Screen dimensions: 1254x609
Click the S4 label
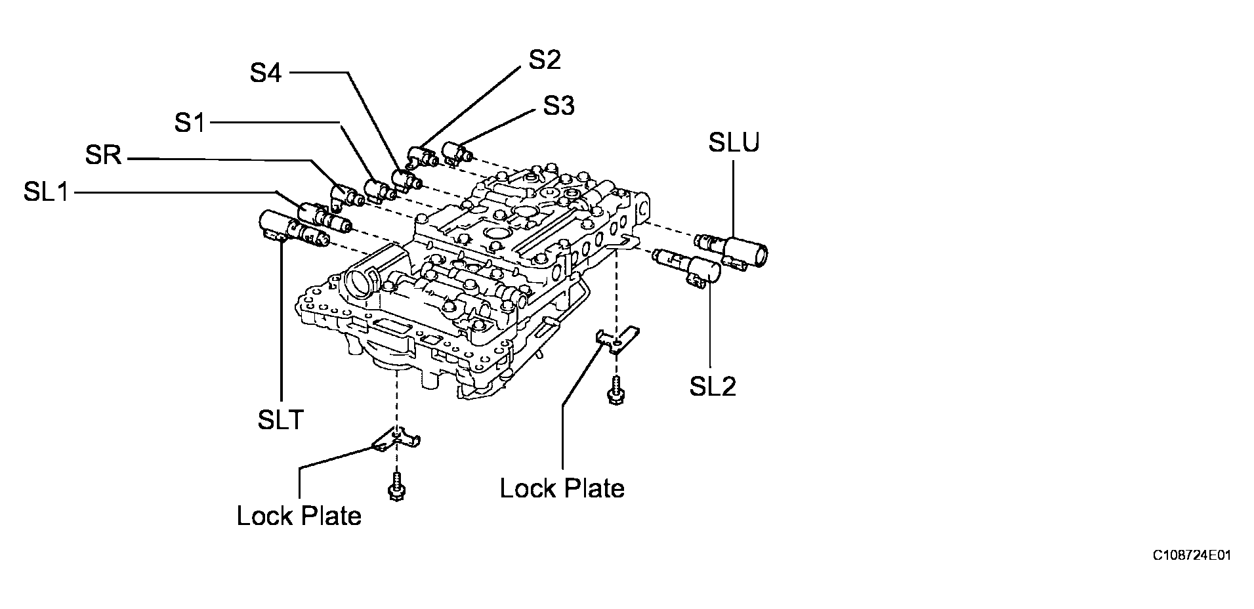tap(266, 73)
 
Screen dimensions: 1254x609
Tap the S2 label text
tap(545, 60)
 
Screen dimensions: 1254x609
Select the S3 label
tap(559, 106)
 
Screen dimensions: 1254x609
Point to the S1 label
tap(190, 123)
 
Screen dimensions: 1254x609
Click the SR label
tap(104, 156)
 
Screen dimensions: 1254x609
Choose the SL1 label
tap(47, 192)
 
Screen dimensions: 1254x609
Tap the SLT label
tap(281, 419)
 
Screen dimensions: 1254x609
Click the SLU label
tap(734, 142)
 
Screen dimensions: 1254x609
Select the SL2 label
tap(713, 387)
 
